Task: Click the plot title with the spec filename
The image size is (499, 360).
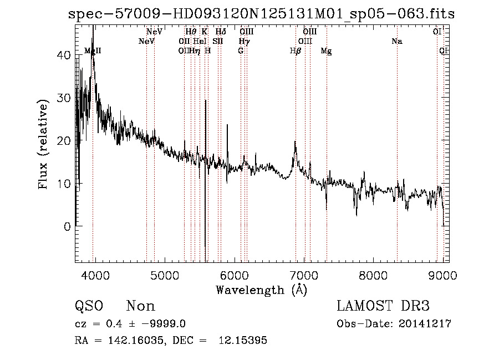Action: click(x=261, y=14)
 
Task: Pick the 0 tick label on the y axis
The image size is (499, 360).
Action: click(x=67, y=226)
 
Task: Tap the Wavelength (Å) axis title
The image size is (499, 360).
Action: click(x=261, y=290)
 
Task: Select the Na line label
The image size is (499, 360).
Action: click(x=396, y=42)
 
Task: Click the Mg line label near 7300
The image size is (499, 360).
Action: click(x=327, y=51)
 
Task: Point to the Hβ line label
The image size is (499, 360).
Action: click(x=296, y=51)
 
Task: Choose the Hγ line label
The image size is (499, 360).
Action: click(x=244, y=42)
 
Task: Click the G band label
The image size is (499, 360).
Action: click(x=241, y=51)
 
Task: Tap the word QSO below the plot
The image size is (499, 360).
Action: click(x=89, y=306)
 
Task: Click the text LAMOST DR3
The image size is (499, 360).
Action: click(x=383, y=306)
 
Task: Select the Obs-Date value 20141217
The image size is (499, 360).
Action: click(x=427, y=324)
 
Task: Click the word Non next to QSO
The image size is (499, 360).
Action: click(x=141, y=306)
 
